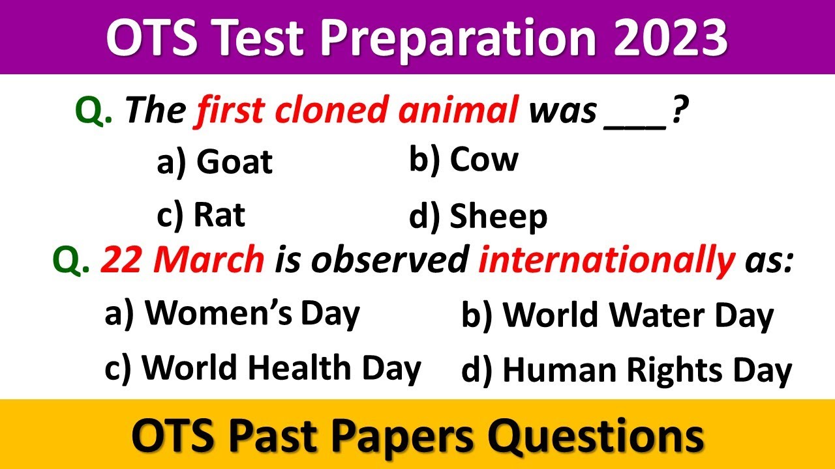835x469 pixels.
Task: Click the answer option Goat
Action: tap(215, 162)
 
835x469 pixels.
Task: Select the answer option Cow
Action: tap(464, 160)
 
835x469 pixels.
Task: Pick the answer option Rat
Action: tap(201, 215)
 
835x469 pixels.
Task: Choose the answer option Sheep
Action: tap(478, 218)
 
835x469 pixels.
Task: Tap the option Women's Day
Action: tap(232, 314)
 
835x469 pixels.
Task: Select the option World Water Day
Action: tap(617, 316)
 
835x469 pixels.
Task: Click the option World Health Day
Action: tap(262, 368)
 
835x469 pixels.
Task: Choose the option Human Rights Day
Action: tap(626, 371)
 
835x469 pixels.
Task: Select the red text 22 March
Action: tap(182, 261)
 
